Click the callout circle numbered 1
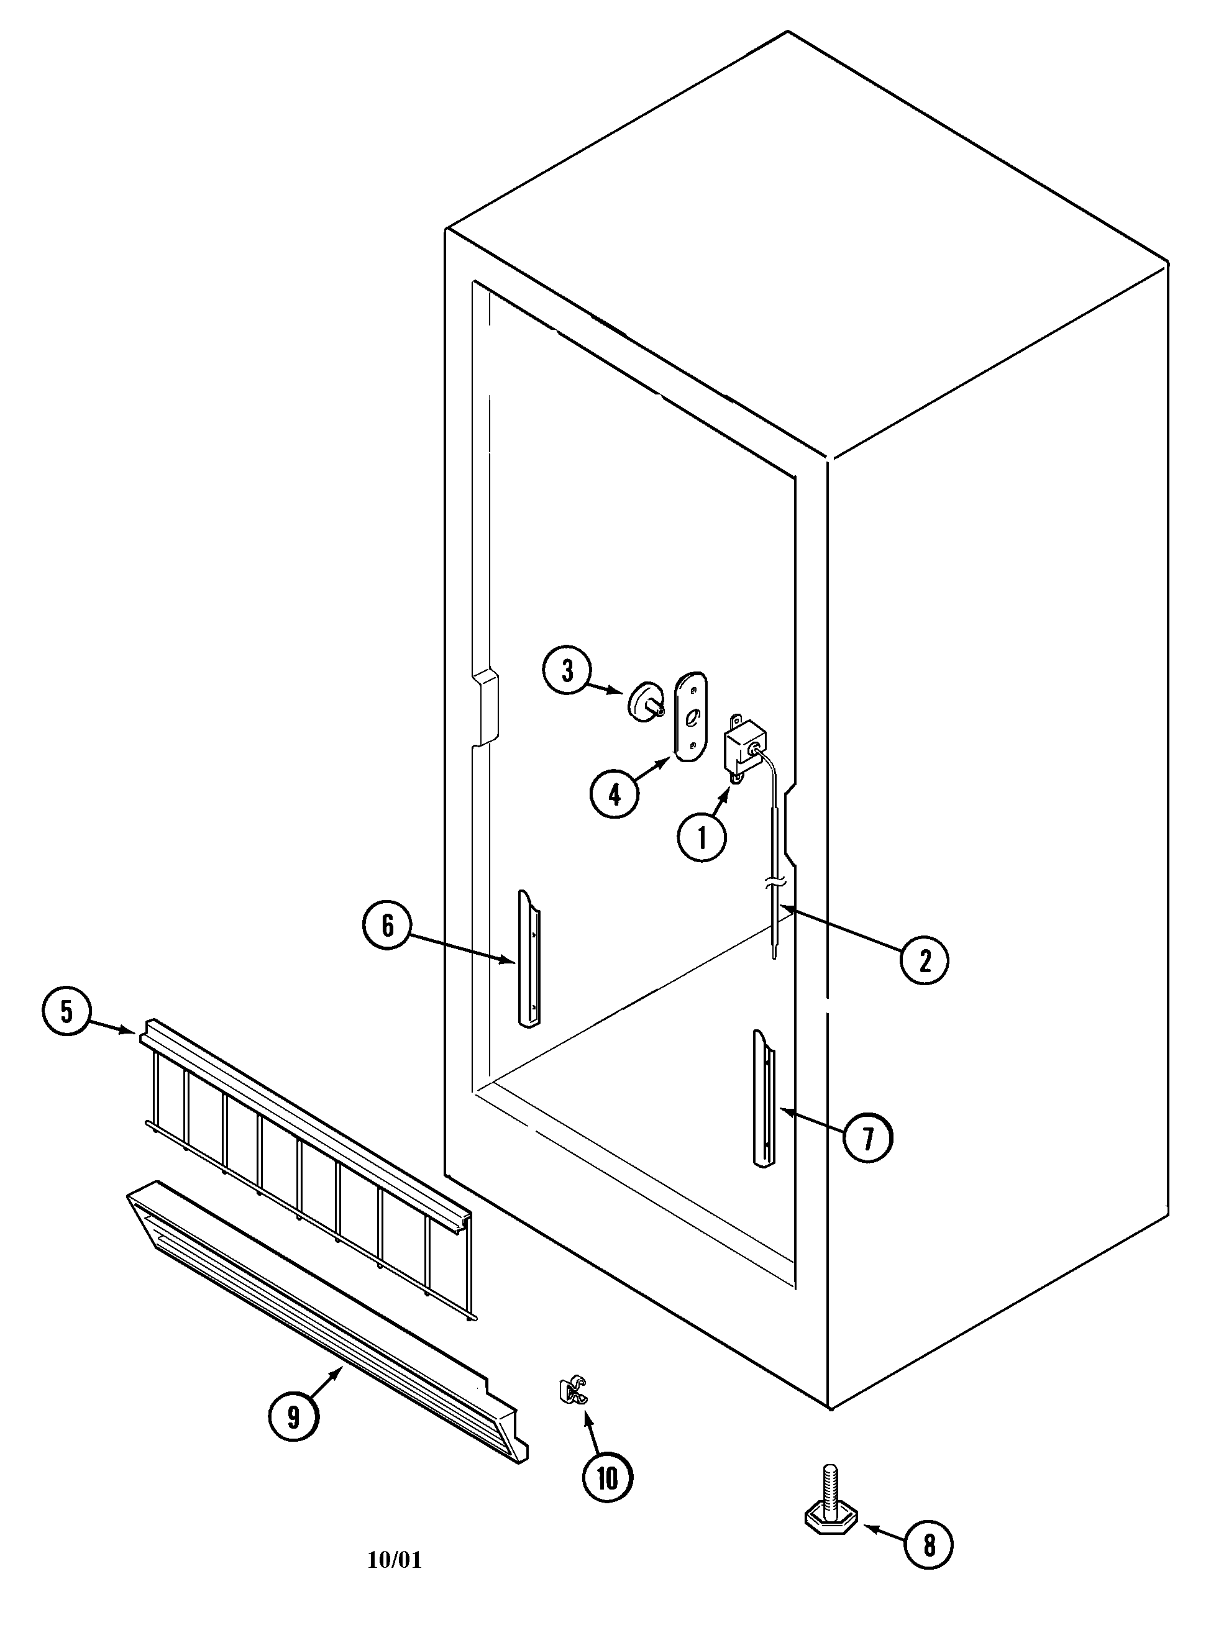(701, 837)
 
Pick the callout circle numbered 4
(615, 794)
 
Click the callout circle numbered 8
(930, 1524)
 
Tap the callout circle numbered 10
(607, 1479)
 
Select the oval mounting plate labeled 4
(690, 717)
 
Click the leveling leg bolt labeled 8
(830, 1501)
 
